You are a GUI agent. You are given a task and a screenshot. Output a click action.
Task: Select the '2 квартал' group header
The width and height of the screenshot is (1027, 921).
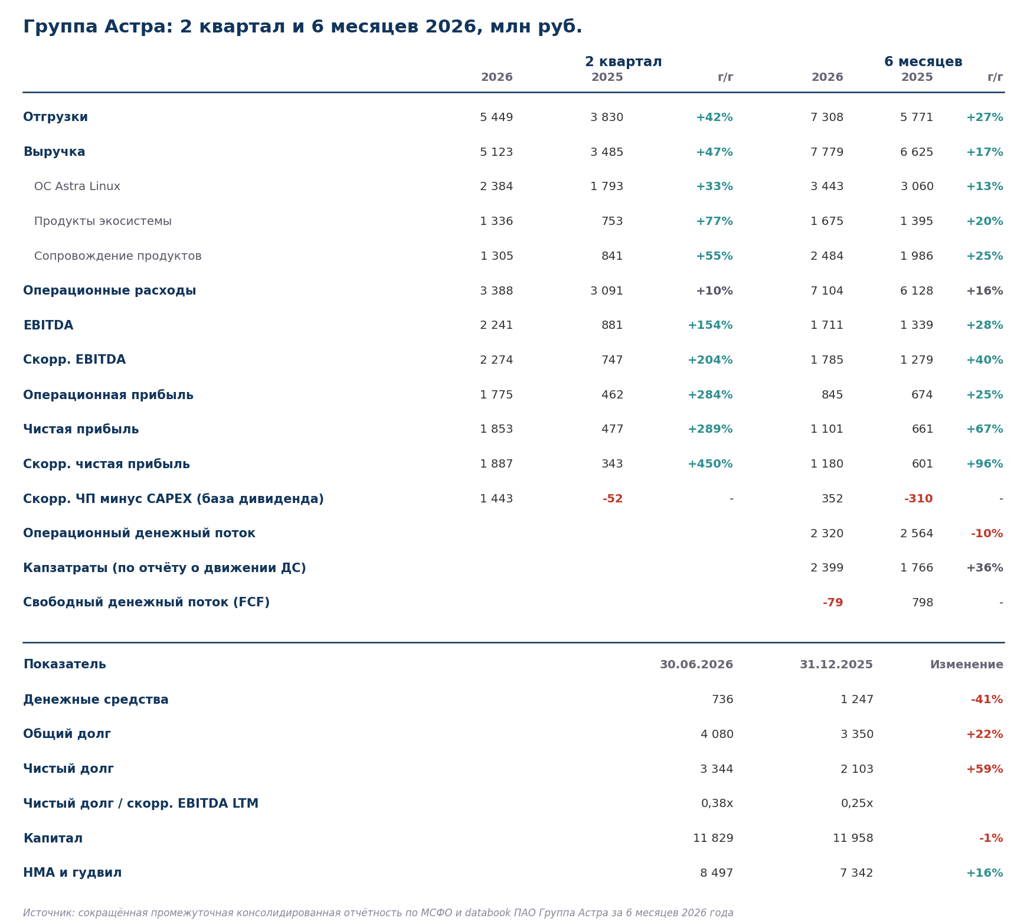click(x=623, y=62)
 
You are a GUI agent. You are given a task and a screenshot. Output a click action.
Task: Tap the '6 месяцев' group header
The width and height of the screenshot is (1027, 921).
click(x=923, y=62)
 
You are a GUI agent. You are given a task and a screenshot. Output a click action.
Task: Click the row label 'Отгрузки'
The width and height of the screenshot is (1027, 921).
click(x=55, y=117)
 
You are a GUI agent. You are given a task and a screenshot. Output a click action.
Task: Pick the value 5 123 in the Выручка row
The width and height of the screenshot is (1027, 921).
click(x=496, y=152)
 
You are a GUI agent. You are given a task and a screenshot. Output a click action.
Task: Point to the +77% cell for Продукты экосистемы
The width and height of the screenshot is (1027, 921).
click(x=714, y=221)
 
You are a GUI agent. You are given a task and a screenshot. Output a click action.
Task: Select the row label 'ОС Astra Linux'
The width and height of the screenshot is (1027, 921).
click(x=77, y=187)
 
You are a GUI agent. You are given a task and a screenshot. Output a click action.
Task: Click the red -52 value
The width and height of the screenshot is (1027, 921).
click(x=613, y=499)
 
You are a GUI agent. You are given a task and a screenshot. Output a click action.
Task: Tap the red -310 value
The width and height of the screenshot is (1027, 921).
click(x=918, y=499)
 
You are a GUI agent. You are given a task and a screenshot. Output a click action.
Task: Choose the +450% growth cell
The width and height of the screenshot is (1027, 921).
click(x=710, y=464)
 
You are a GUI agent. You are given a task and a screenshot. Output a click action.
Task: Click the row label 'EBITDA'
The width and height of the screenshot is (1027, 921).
click(x=48, y=325)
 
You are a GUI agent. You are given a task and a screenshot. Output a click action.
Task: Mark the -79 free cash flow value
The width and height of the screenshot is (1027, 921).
click(x=833, y=603)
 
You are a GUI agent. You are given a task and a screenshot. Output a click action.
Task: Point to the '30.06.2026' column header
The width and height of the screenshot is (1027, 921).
click(x=696, y=665)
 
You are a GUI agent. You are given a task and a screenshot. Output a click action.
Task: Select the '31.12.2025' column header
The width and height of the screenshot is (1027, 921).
click(x=836, y=665)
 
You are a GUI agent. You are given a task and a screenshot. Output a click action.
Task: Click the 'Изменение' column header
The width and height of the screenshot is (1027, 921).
click(x=967, y=665)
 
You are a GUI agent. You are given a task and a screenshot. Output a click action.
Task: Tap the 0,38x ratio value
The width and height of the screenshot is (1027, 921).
click(x=717, y=804)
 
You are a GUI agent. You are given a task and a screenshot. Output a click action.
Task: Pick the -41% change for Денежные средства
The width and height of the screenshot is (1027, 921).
click(x=987, y=700)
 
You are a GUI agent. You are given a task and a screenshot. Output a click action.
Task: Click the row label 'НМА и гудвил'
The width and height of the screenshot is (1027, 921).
click(x=73, y=873)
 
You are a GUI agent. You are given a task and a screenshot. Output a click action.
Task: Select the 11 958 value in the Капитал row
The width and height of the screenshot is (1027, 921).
click(x=853, y=838)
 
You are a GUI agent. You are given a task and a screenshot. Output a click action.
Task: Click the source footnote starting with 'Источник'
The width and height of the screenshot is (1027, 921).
click(x=378, y=913)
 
